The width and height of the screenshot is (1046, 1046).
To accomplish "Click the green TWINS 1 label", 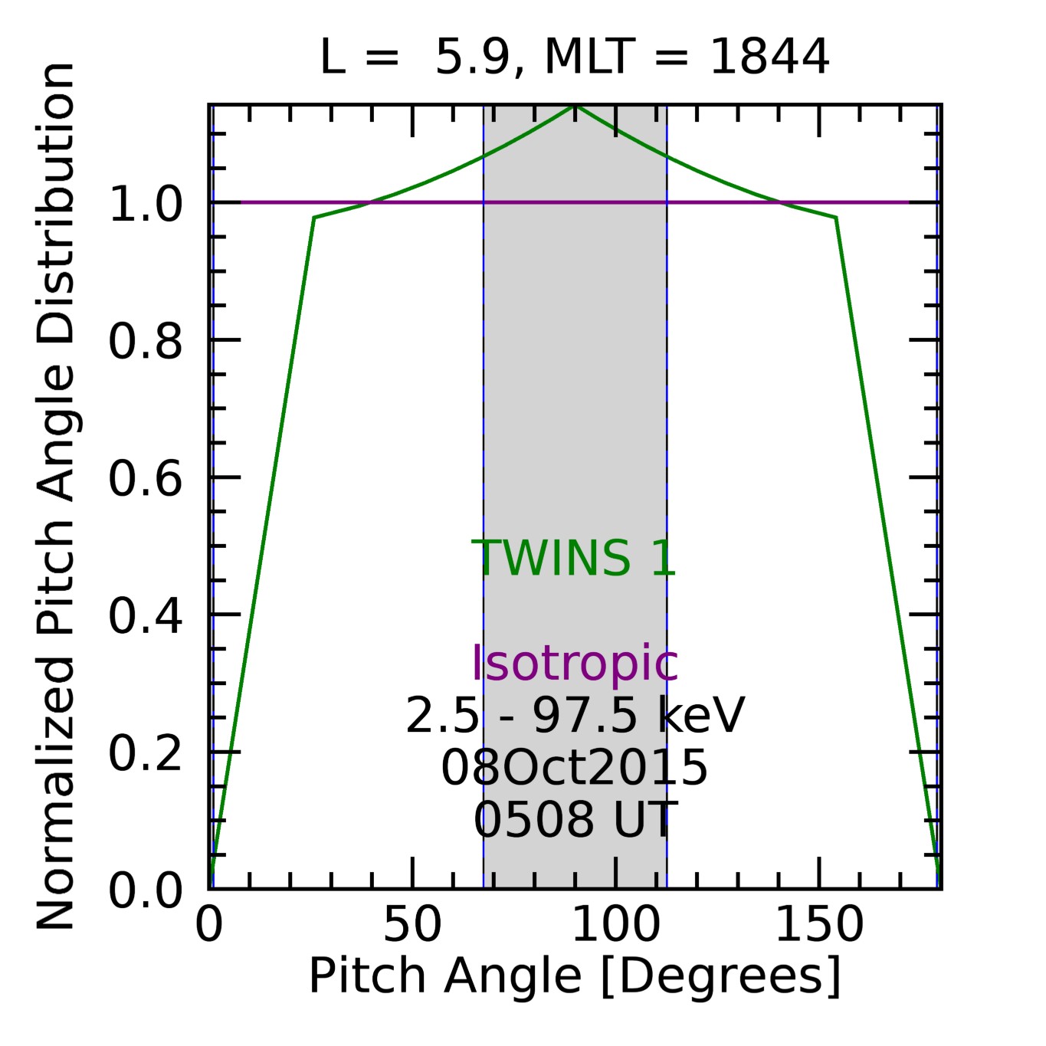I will pos(573,558).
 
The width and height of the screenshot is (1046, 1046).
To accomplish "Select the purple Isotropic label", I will pos(574,663).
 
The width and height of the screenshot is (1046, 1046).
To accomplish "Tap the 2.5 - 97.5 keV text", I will pos(574,716).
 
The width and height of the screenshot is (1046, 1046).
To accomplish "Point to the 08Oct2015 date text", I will pos(574,768).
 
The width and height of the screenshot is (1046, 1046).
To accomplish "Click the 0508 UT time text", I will pos(574,819).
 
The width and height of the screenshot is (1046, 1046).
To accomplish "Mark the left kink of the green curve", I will pos(314,218).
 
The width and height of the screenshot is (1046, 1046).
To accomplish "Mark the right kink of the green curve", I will pos(835,218).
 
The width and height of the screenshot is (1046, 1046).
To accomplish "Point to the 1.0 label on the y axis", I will pos(146,205).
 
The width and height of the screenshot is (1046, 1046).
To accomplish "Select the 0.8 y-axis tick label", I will pos(146,342).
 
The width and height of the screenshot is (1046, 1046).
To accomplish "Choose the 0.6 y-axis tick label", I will pos(146,479).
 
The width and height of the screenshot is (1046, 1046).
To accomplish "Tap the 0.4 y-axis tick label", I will pos(146,616).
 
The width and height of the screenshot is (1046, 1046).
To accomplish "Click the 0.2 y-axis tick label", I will pos(146,753).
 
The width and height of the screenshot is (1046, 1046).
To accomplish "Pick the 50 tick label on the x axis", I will pos(412,925).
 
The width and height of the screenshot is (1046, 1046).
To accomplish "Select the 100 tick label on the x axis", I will pos(615,925).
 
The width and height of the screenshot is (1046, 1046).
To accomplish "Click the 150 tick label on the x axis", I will pos(819,925).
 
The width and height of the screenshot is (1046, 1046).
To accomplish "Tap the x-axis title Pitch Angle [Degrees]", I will pos(575,976).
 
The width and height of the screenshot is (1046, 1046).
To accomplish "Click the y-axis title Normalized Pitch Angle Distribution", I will pos(56,497).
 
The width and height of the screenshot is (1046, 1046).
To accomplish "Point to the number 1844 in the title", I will pos(769,57).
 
